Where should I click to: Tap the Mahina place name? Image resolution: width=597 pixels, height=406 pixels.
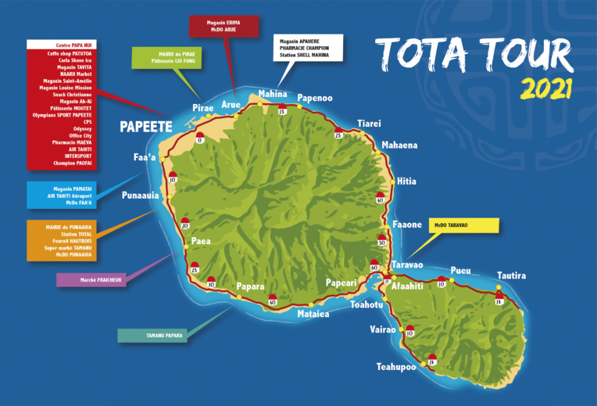pos(273,94)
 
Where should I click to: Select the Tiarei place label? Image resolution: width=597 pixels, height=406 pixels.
pos(369,124)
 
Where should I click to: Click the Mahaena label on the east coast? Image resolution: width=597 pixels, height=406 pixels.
pos(399,146)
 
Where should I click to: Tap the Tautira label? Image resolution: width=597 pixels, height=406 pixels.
pos(512,275)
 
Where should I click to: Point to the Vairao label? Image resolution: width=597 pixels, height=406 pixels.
pos(382,330)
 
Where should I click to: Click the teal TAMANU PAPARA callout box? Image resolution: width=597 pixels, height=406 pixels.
pos(164,336)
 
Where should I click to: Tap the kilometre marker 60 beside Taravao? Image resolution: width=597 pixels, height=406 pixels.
pos(374,268)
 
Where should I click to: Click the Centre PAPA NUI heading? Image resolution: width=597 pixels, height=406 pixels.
pos(70,45)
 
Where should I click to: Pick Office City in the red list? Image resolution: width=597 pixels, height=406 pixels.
pos(70,135)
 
